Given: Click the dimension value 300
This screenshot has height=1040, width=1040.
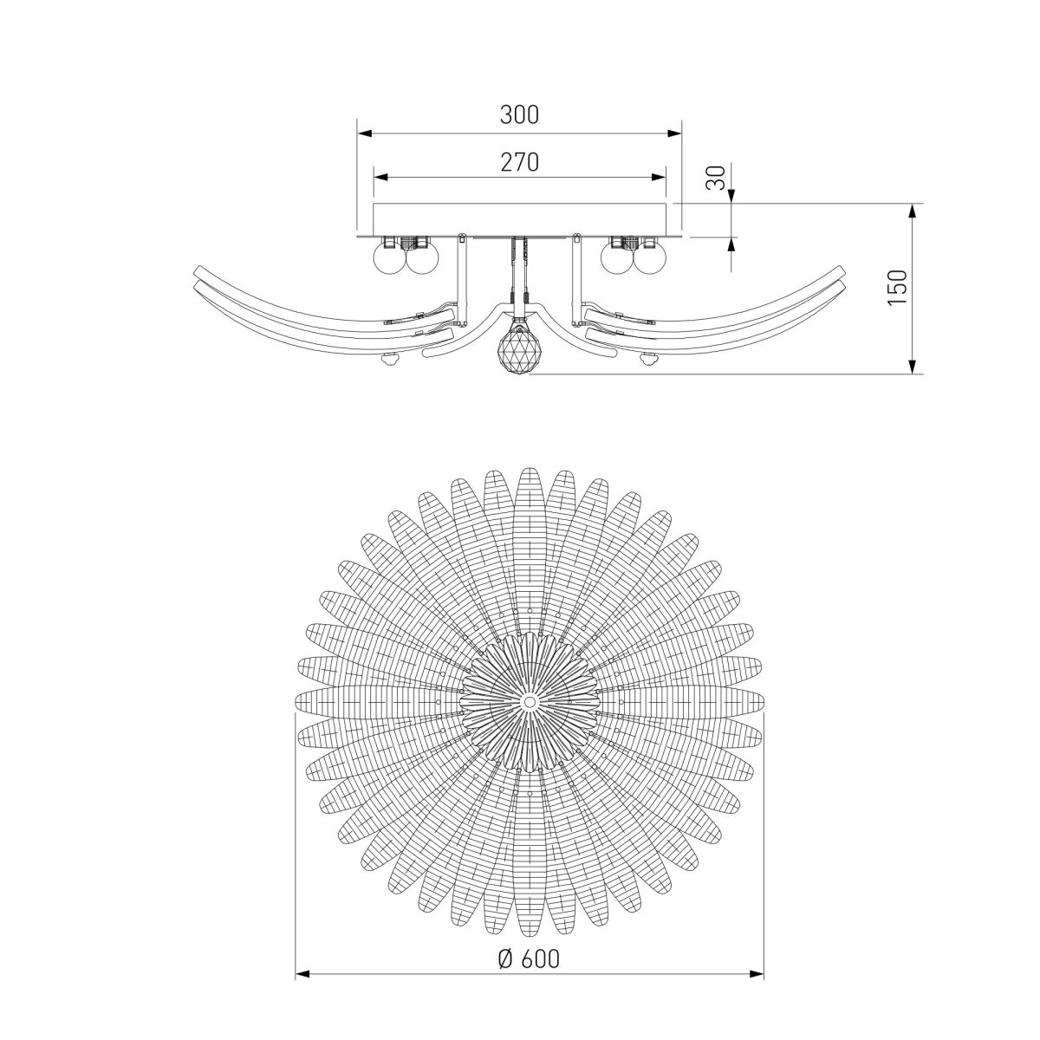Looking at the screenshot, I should (x=520, y=114).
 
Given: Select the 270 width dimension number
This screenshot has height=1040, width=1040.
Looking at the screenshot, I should (x=520, y=161).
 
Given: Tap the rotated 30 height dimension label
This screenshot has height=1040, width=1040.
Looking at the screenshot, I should (x=716, y=179).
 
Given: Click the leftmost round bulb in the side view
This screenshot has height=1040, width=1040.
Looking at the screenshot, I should (x=388, y=257).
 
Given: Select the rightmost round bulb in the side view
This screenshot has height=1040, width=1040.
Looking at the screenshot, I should (x=651, y=257).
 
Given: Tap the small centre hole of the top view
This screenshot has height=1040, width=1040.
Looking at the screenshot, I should (x=530, y=699).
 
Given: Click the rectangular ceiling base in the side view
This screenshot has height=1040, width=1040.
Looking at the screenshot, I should (x=520, y=218).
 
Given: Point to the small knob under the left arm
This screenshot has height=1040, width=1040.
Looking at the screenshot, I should (x=389, y=361).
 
